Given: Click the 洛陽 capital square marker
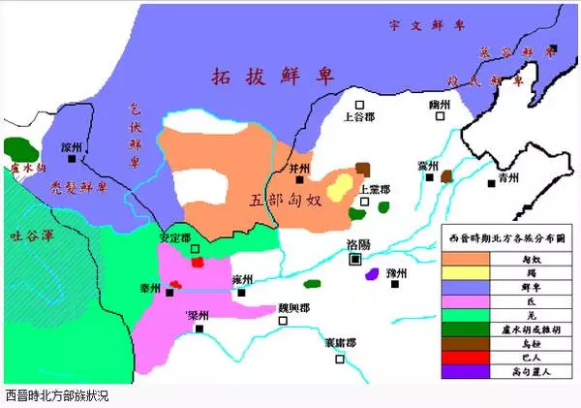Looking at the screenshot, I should click(355, 259).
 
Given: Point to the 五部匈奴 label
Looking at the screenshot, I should click(285, 201).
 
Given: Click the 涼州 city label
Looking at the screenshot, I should click(71, 147).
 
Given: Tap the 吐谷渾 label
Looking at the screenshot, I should click(28, 234).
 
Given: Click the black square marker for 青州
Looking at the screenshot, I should click(492, 182).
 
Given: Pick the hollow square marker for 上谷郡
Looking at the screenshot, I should click(358, 103).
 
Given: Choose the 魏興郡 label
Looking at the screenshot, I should click(293, 308).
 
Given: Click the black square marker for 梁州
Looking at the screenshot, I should click(199, 329).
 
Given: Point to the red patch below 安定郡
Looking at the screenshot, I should click(198, 261).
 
